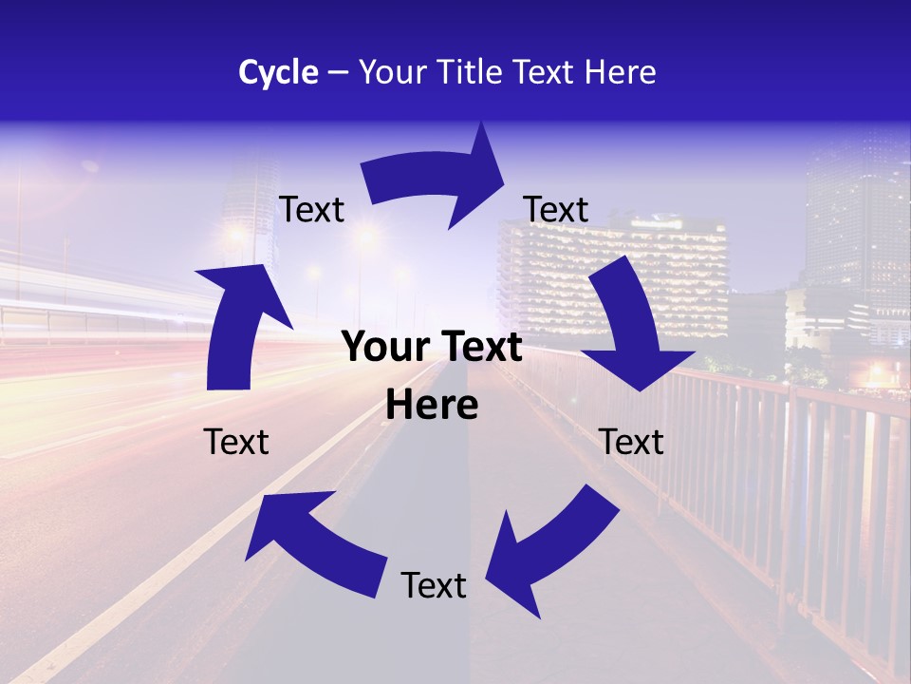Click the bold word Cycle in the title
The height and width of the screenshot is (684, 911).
[278, 72]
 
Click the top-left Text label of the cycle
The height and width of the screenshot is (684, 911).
[311, 209]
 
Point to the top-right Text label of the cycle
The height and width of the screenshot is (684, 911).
[556, 209]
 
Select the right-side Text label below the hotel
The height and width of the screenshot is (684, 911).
[632, 442]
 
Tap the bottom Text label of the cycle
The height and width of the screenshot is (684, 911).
[434, 585]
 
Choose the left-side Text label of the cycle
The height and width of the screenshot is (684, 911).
[236, 442]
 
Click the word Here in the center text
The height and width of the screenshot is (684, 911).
[432, 406]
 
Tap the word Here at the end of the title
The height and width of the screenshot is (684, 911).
[620, 72]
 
